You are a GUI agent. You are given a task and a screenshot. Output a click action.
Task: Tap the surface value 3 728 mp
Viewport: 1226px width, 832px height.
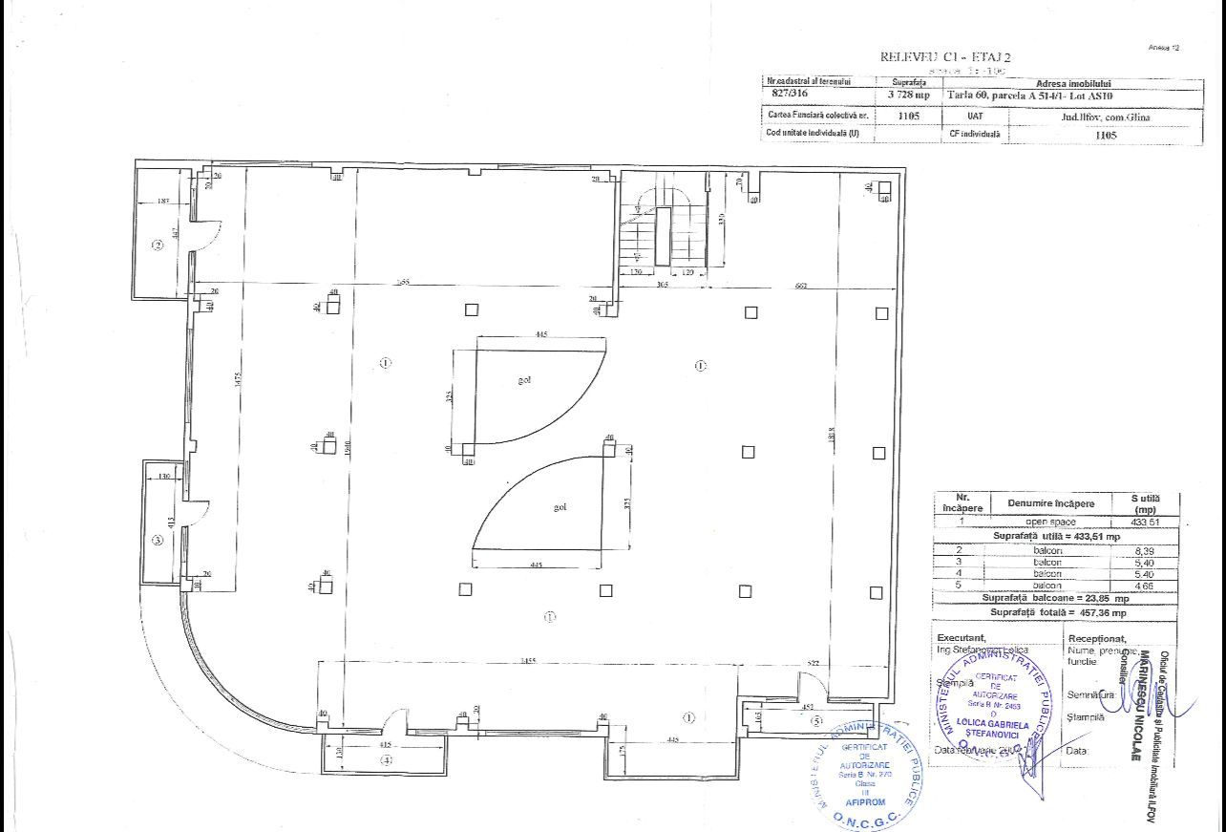click(x=908, y=95)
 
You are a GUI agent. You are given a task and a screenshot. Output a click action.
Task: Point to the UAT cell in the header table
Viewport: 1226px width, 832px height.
click(x=975, y=117)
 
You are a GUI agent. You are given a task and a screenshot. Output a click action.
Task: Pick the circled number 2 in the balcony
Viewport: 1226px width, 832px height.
click(x=159, y=245)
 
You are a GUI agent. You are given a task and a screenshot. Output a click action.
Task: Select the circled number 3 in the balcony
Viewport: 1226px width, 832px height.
click(x=159, y=540)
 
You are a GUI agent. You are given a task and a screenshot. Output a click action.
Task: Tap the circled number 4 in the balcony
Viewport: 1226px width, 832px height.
click(x=386, y=760)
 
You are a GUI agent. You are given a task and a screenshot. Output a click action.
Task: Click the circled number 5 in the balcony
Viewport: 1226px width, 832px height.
click(x=815, y=720)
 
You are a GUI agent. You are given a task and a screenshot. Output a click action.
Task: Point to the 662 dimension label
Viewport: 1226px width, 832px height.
click(x=802, y=287)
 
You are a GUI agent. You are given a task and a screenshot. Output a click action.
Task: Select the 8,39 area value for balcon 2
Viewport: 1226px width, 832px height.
click(x=1144, y=552)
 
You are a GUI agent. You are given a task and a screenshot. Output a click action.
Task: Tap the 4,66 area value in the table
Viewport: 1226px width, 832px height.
click(x=1144, y=585)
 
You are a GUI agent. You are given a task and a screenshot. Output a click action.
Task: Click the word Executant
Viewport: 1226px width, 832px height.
click(x=961, y=637)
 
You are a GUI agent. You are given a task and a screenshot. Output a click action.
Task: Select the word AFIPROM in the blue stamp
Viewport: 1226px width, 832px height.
click(x=859, y=801)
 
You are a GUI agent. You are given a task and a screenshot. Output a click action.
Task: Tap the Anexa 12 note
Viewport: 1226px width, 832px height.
click(x=1164, y=47)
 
